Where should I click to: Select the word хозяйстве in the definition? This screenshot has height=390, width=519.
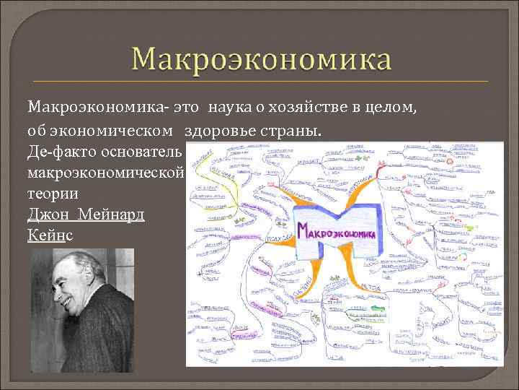point(301,108)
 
